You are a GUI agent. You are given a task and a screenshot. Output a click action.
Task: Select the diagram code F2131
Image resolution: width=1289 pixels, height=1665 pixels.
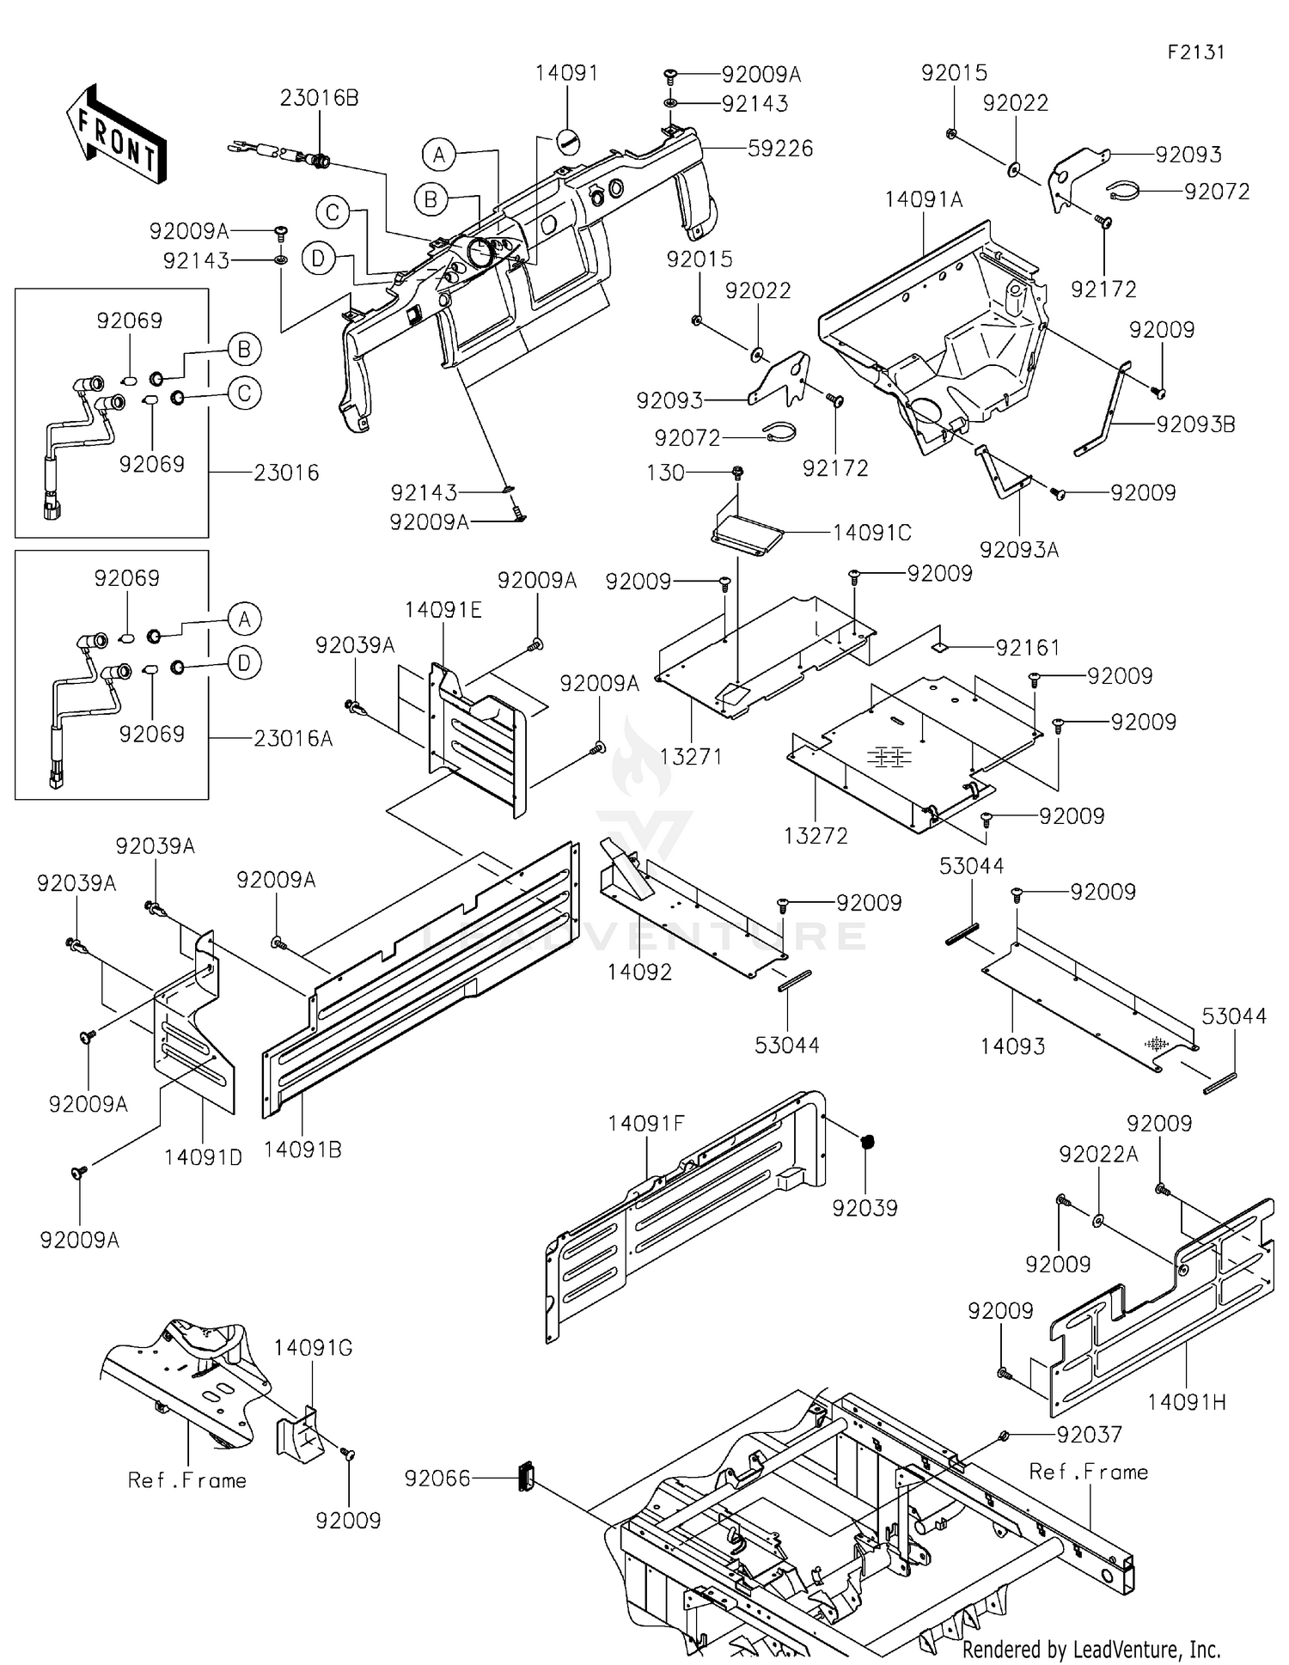click(x=1195, y=52)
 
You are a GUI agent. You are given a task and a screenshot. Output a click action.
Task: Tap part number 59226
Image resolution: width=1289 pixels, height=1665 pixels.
click(x=779, y=149)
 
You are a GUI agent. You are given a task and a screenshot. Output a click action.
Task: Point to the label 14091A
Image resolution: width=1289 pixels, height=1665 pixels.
click(x=924, y=199)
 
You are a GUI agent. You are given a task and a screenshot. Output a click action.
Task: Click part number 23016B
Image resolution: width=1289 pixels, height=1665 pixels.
click(x=319, y=98)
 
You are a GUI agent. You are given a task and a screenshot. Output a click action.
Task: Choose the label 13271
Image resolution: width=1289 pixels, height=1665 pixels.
click(x=690, y=756)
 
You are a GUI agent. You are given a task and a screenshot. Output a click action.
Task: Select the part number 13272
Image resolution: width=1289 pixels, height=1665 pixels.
click(x=816, y=835)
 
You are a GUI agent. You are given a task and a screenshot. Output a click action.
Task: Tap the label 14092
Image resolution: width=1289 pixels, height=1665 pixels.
click(x=639, y=972)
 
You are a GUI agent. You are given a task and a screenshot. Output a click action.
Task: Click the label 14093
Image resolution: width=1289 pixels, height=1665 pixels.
click(x=1012, y=1046)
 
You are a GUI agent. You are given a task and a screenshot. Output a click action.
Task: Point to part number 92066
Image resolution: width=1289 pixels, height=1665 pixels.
click(x=437, y=1478)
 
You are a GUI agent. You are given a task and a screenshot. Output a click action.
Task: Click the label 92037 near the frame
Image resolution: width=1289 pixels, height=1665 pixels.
click(x=1089, y=1434)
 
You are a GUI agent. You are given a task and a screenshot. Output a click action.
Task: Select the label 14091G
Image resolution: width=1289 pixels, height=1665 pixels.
click(x=313, y=1347)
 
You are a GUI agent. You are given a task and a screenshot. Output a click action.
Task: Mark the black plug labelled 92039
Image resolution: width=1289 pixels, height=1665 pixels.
click(x=867, y=1142)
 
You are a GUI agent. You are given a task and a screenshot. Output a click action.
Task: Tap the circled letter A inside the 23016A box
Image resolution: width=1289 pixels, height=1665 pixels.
click(x=245, y=619)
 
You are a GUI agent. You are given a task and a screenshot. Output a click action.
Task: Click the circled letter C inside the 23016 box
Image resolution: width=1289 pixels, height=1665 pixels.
click(x=245, y=393)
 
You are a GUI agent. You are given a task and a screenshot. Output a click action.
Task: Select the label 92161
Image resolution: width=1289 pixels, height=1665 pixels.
click(x=1027, y=647)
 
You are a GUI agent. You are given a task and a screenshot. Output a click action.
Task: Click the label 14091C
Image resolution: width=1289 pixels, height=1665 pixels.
click(x=871, y=533)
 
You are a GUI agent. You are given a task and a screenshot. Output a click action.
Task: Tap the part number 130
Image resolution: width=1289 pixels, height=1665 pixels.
click(x=665, y=473)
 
